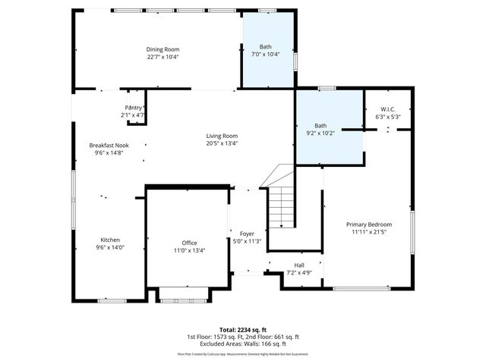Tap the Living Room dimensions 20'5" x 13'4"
pos(222,143)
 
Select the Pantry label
pos(133,108)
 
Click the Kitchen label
pos(110,240)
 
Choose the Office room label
pos(189,243)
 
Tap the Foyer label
pos(247,234)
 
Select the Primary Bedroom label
pos(369,224)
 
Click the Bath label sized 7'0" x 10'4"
pos(264,47)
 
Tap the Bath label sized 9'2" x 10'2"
pos(321,126)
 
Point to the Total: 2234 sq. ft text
pos(243,330)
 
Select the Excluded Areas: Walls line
pos(243,344)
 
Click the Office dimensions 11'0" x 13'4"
pos(189,250)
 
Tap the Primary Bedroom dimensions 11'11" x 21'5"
pos(369,232)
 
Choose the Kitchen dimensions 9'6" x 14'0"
pos(110,247)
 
